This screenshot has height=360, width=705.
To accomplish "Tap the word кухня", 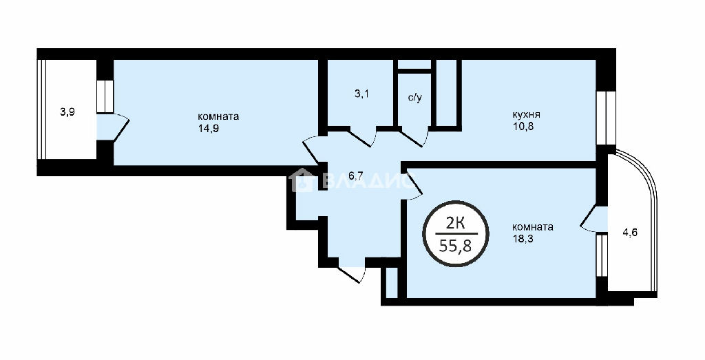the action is [525, 114].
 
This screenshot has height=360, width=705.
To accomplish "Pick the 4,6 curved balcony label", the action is [630, 233].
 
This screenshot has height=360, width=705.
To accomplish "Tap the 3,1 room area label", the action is [361, 95].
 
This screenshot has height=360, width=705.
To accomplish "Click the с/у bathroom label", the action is [414, 98].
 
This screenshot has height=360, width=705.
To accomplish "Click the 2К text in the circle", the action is [456, 222].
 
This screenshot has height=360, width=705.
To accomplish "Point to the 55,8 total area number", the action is [456, 246].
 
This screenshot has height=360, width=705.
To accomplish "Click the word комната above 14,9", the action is [218, 116].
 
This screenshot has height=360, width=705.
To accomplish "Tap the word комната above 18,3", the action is [533, 227].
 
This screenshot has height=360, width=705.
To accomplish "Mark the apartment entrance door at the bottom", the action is [351, 273].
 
